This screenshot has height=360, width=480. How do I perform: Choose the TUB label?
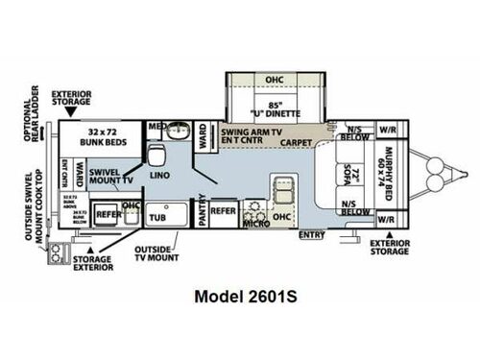click(157, 218)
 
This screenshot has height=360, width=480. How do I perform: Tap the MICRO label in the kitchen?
click(255, 224)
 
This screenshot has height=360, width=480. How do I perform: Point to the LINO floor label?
click(160, 177)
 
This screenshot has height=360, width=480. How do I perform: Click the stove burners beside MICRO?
click(253, 207)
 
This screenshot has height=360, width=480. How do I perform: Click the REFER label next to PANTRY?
click(223, 209)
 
